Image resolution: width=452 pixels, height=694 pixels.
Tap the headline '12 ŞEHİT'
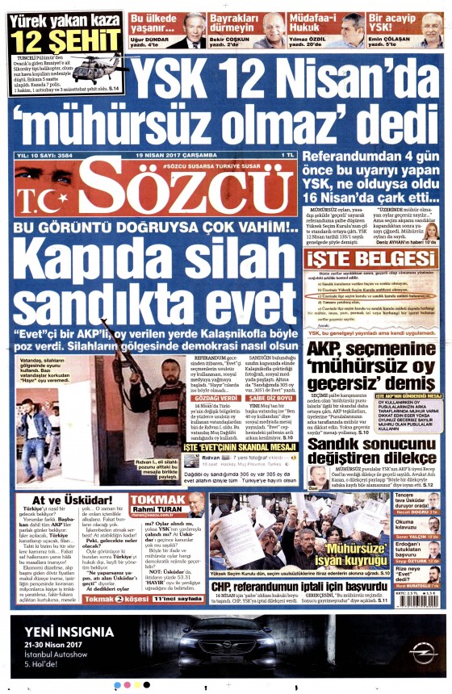click(54, 40)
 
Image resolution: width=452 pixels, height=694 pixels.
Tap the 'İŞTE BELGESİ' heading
click(372, 259)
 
